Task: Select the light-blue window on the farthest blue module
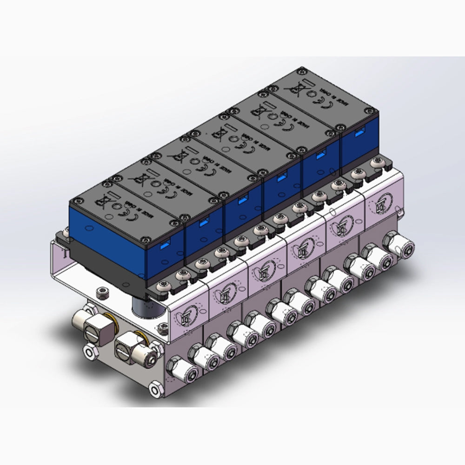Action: (x=359, y=134)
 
